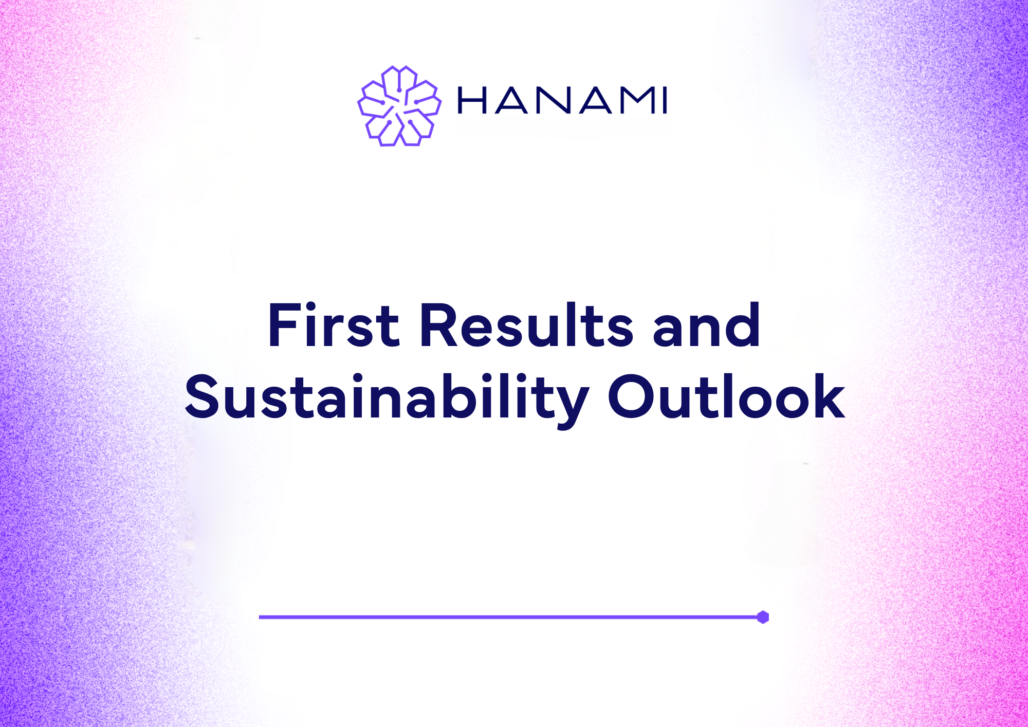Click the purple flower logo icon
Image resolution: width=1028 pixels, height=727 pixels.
click(x=399, y=106)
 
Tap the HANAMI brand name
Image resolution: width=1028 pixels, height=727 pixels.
click(x=563, y=100)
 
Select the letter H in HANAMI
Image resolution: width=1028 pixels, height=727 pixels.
click(x=472, y=100)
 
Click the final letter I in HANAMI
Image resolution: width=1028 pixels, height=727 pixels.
click(x=665, y=100)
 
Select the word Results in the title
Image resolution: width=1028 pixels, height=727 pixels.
click(x=527, y=325)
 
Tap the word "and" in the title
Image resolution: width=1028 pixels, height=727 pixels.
click(x=706, y=325)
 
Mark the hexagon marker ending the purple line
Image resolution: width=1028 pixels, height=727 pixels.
click(x=763, y=617)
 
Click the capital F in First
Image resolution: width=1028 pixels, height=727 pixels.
click(x=284, y=325)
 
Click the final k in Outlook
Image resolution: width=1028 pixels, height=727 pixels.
click(x=828, y=396)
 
